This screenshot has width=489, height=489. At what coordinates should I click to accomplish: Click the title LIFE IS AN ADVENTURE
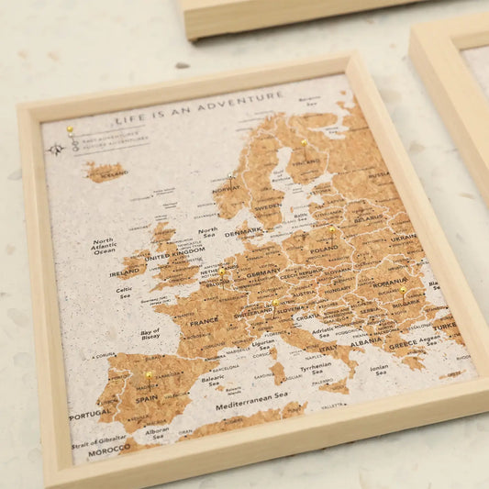click(x=199, y=106)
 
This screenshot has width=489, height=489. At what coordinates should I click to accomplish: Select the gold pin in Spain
click(x=149, y=374)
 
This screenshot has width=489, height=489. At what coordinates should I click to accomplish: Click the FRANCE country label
click(x=204, y=322)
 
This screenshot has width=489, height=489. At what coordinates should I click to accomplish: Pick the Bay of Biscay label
click(x=150, y=334)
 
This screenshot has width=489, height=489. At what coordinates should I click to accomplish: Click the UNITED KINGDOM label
click(x=175, y=255)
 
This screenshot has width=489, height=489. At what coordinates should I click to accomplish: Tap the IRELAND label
click(x=124, y=272)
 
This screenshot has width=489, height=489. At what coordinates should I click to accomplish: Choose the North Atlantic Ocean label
click(x=104, y=246)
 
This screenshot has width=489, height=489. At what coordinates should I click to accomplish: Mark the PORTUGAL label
click(x=91, y=415)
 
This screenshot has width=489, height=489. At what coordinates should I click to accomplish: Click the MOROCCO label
click(x=110, y=450)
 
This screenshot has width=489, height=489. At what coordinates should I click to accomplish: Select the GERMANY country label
click(x=263, y=272)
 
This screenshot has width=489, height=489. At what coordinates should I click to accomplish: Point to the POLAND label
click(x=324, y=250)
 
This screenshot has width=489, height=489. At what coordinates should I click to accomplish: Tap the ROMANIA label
click(x=390, y=283)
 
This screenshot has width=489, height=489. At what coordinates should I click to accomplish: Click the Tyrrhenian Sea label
click(x=316, y=368)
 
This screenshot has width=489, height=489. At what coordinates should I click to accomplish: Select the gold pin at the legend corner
click(x=70, y=131)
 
